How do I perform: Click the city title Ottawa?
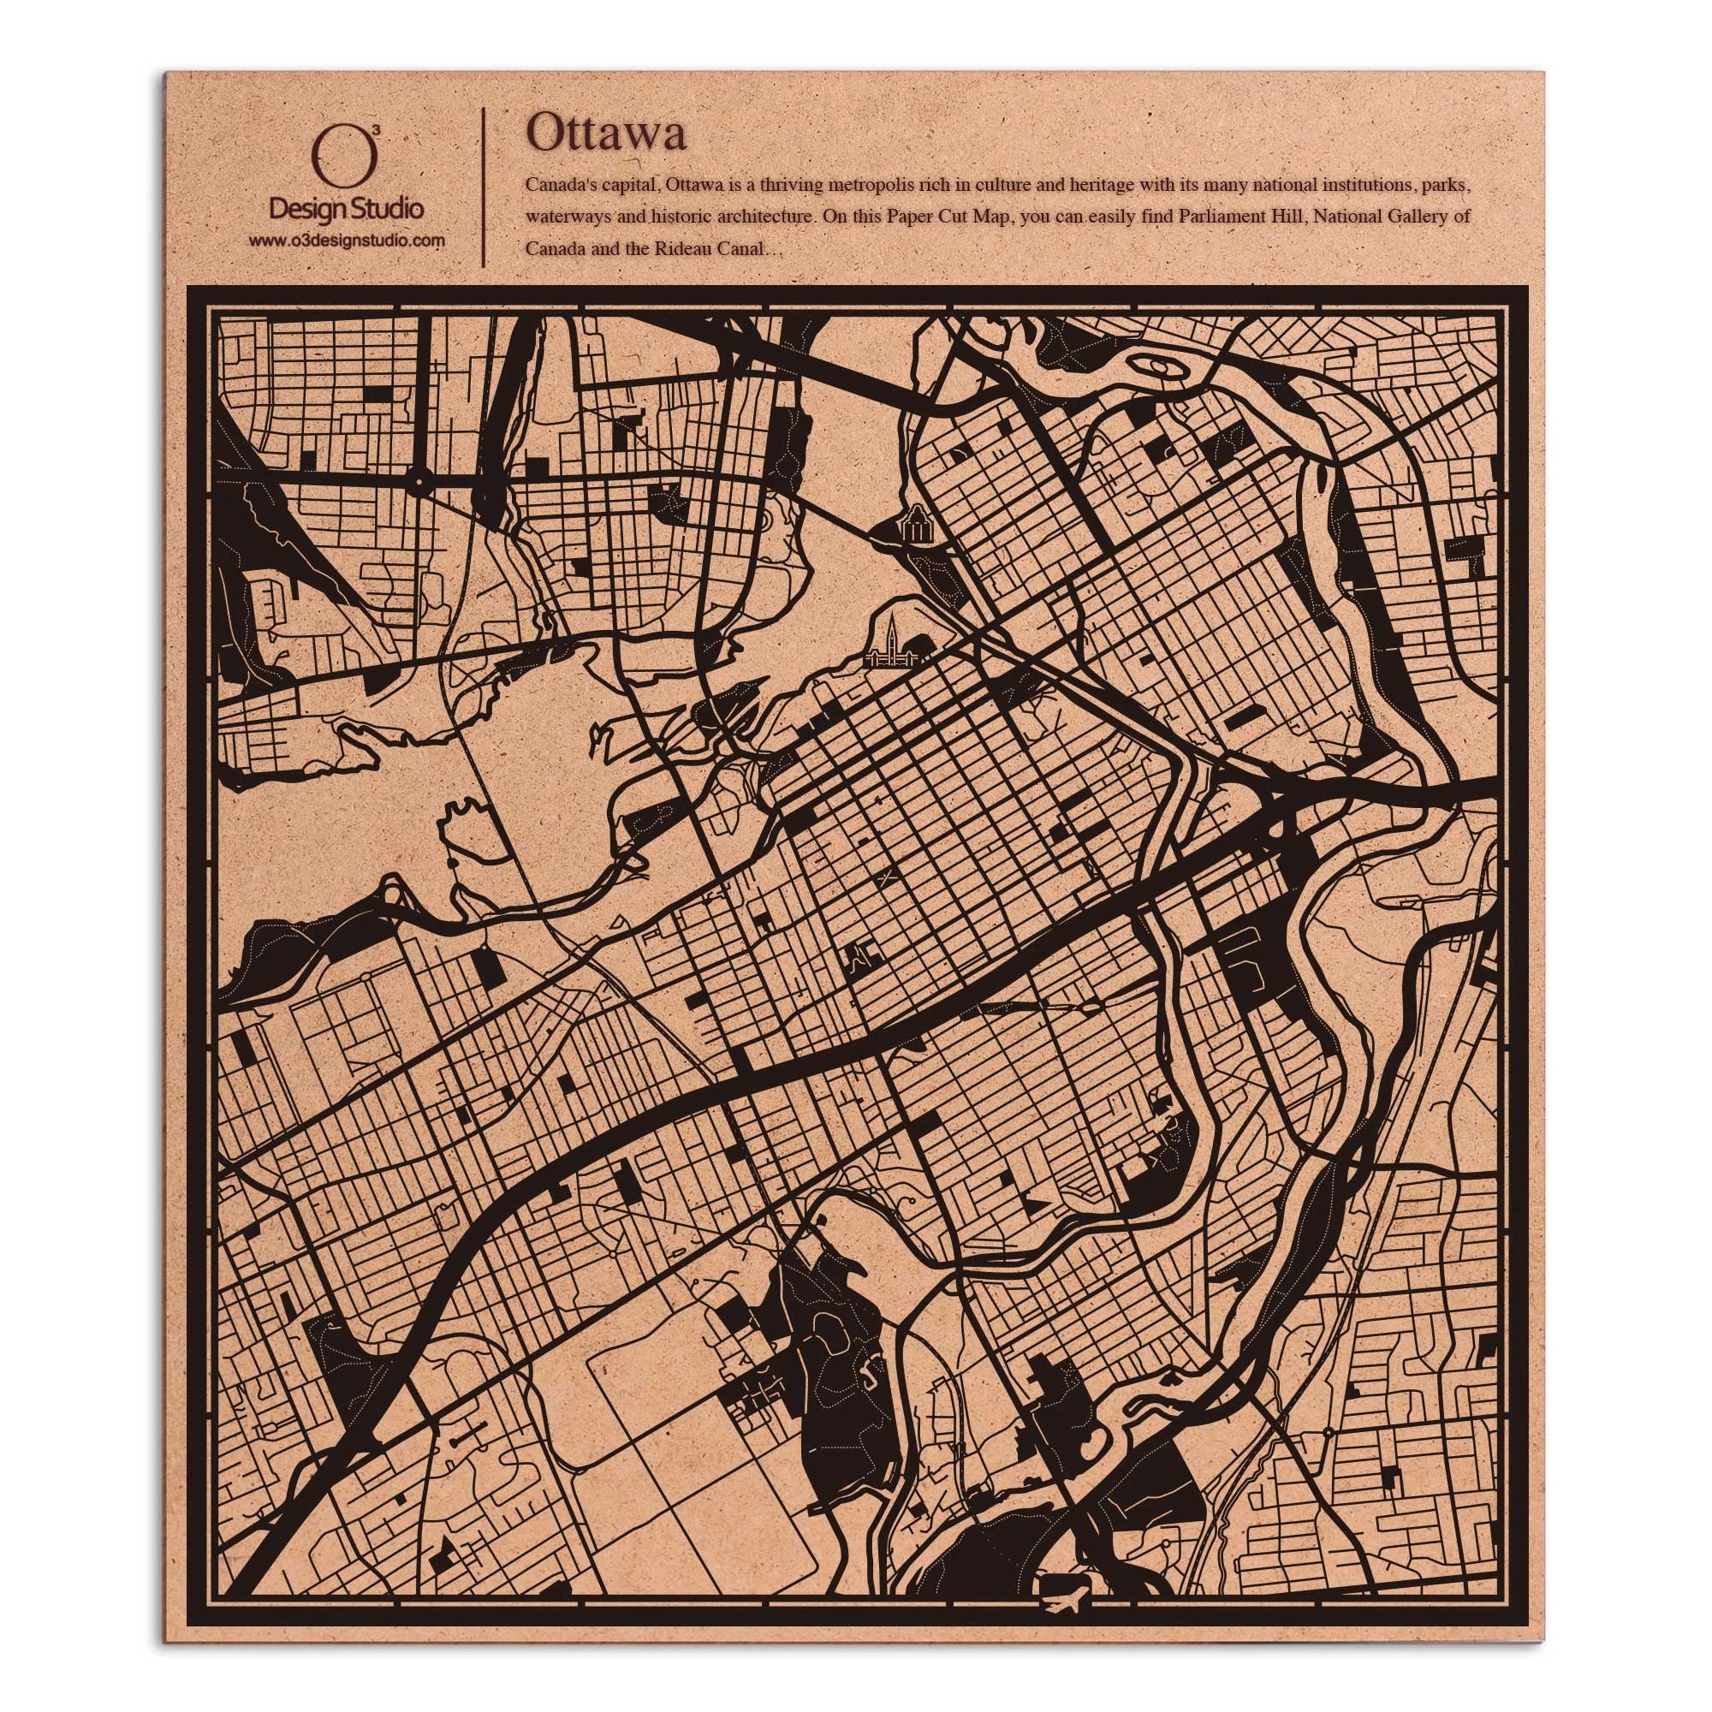[x=605, y=135]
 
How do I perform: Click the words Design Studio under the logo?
[x=346, y=209]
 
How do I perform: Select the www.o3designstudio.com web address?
[x=347, y=241]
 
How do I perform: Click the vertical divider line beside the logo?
[x=483, y=187]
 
